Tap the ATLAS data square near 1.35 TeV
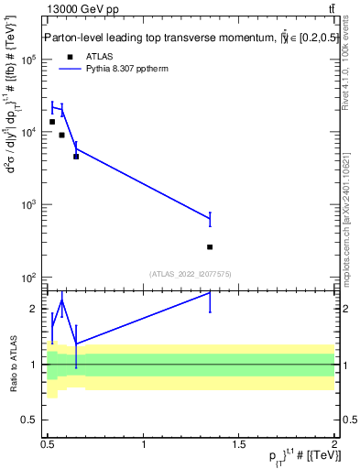click(x=210, y=246)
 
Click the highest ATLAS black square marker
click(x=52, y=122)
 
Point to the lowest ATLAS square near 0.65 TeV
click(x=76, y=157)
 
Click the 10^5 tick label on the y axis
click(x=29, y=60)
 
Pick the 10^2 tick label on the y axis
click(x=29, y=277)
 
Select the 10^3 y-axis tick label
click(x=29, y=204)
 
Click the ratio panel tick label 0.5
click(x=31, y=420)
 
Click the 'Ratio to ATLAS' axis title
click(x=13, y=364)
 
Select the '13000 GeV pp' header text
click(x=82, y=9)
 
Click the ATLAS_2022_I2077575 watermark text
click(x=190, y=273)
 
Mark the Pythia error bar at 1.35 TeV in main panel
click(x=210, y=218)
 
